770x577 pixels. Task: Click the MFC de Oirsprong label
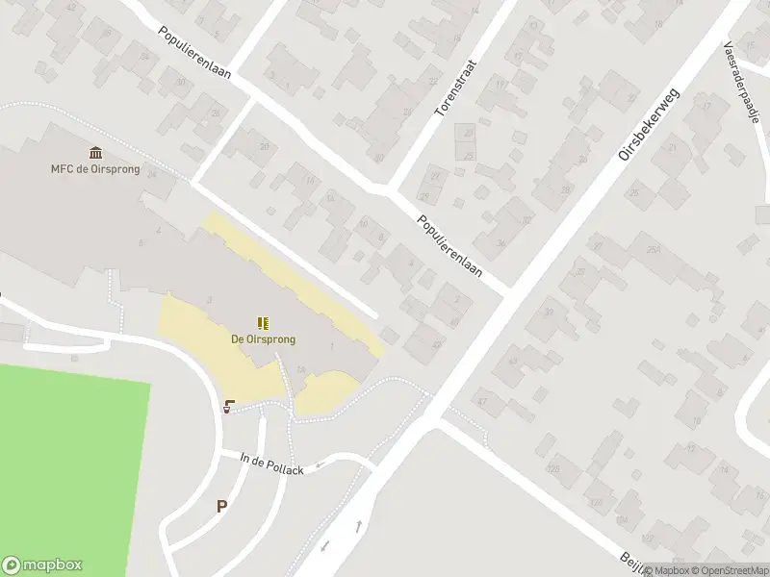pos(95,169)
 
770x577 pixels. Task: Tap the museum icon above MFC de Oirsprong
pos(96,153)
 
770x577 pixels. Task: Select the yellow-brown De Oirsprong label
pos(263,339)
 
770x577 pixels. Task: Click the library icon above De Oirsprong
pos(263,323)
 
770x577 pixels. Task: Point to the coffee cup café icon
pos(229,407)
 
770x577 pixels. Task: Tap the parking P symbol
pos(222,506)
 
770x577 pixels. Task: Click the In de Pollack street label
pos(271,464)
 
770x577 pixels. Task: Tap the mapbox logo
pos(42,565)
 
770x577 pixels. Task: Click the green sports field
pos(67,462)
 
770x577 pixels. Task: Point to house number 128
pos(552,468)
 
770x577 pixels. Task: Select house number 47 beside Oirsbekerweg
pos(482,400)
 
